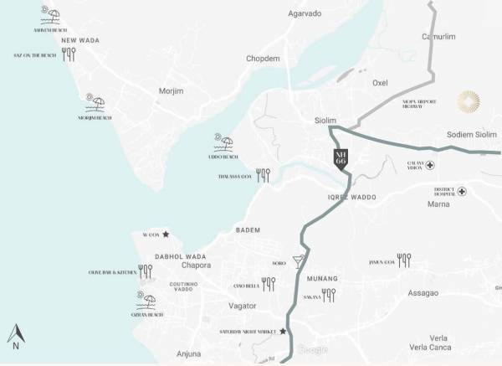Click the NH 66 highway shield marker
tap(340, 159)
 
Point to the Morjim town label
tap(171, 90)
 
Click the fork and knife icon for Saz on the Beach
tap(69, 54)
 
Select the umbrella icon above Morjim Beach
tap(95, 104)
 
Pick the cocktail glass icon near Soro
tap(299, 261)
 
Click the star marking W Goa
tap(166, 235)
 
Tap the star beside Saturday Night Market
tap(283, 332)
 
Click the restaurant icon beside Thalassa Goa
tap(263, 175)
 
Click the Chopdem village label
tap(263, 59)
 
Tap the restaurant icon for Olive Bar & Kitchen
tap(146, 271)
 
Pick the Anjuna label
tap(189, 353)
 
